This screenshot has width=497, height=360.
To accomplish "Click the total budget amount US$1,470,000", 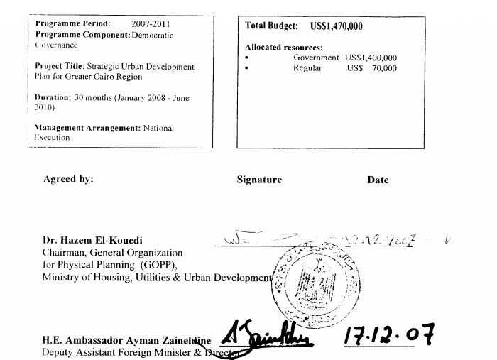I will coord(337,26).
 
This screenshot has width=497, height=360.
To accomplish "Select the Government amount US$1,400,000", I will coord(371,58).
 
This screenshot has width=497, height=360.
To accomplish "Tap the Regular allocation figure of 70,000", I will coord(384,68).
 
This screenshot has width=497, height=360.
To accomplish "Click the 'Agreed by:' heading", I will coord(68,179).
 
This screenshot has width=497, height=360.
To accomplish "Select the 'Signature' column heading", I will coord(259,180).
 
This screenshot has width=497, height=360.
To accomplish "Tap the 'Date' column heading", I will coord(378,180).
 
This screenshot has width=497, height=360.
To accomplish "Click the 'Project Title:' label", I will coord(60,66).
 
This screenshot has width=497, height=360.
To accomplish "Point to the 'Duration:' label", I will coord(53,98).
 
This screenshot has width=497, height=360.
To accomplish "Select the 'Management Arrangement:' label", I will coord(87,128).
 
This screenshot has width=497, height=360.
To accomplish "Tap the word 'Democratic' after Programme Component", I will coord(152,35).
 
